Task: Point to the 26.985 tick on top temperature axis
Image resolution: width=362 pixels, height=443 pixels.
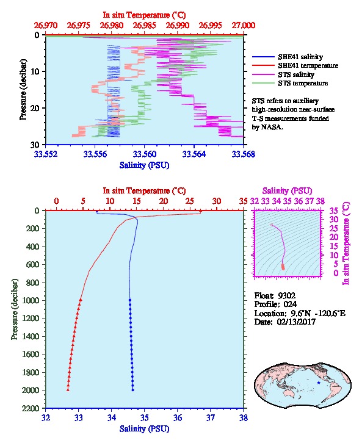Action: (144, 26)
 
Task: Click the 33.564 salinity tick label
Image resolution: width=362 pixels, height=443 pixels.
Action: (194, 154)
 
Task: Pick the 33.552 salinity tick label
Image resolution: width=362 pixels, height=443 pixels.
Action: (46, 154)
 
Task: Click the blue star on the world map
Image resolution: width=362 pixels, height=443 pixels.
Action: (319, 383)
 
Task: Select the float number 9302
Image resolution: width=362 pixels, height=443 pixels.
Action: (286, 296)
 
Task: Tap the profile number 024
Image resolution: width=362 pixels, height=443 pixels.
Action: (290, 304)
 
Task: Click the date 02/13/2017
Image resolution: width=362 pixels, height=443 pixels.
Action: (296, 322)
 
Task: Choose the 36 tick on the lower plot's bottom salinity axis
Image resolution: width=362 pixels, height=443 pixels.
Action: (178, 417)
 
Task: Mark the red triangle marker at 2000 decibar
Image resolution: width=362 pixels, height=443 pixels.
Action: (68, 390)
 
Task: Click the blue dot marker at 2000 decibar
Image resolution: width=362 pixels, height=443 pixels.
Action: (133, 390)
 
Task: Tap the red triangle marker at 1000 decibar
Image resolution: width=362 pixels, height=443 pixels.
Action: (81, 300)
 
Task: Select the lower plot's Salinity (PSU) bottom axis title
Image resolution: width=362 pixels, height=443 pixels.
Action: (145, 429)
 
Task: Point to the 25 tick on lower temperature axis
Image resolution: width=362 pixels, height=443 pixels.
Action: (190, 201)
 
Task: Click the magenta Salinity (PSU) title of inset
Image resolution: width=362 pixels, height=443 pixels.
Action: (287, 191)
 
